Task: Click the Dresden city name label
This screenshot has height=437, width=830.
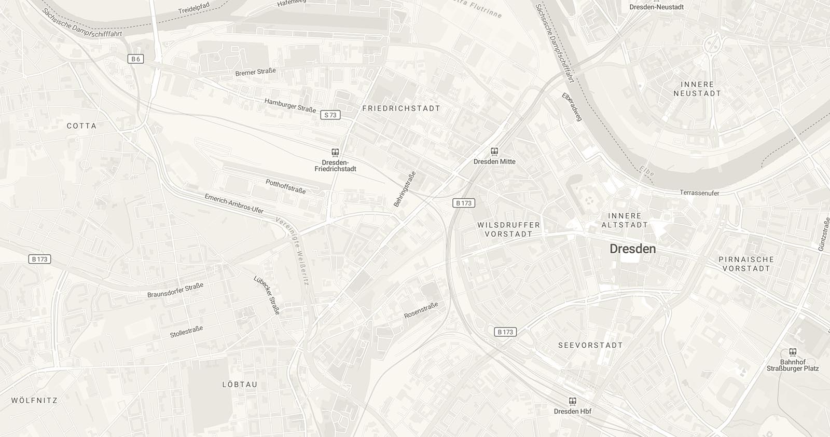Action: [x=632, y=249]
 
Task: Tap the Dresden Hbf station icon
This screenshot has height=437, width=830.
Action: [x=572, y=401]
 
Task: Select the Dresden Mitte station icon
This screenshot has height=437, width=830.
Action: [x=494, y=152]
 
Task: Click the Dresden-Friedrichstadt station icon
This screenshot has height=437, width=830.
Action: [x=335, y=153]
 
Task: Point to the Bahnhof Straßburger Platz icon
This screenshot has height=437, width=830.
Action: [x=792, y=352]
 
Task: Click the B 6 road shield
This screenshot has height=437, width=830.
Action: [x=135, y=59]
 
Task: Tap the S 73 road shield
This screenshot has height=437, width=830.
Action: [x=330, y=115]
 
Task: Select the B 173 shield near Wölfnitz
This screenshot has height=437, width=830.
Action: [x=39, y=259]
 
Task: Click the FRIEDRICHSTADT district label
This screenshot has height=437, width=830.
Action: [x=401, y=108]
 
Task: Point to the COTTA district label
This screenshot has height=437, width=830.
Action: [x=81, y=126]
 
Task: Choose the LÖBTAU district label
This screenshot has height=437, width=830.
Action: [x=240, y=385]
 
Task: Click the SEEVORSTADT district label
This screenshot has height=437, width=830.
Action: [x=590, y=345]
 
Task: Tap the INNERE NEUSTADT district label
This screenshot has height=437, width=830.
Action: [x=697, y=89]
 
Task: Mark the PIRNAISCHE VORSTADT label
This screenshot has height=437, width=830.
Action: [x=746, y=264]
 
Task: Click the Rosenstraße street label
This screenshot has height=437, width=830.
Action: [x=421, y=310]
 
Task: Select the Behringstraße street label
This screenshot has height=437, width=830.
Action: [x=405, y=189]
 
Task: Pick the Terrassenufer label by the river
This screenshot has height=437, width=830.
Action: [x=699, y=193]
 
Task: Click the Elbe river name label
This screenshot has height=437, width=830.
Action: [x=646, y=172]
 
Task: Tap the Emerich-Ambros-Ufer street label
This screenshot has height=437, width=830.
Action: [x=234, y=203]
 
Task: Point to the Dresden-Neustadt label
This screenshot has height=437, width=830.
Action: [x=656, y=7]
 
